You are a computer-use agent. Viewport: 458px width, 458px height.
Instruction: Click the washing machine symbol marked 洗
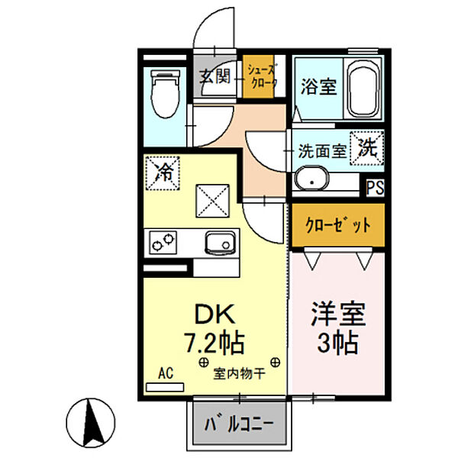pyautogui.click(x=367, y=147)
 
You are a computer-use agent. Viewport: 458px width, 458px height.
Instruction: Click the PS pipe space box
pyautogui.click(x=375, y=188)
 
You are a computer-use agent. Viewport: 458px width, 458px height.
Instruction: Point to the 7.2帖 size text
pyautogui.click(x=213, y=341)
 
